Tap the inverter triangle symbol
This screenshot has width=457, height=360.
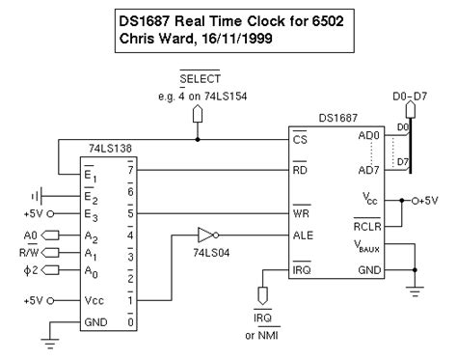point(203,234)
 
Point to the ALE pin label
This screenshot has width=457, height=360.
point(303,234)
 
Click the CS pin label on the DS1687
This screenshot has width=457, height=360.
point(300,139)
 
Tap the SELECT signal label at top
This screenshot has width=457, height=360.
point(200,77)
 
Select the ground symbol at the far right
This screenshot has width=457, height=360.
point(416,290)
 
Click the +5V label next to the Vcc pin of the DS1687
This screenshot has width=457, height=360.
point(435,201)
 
